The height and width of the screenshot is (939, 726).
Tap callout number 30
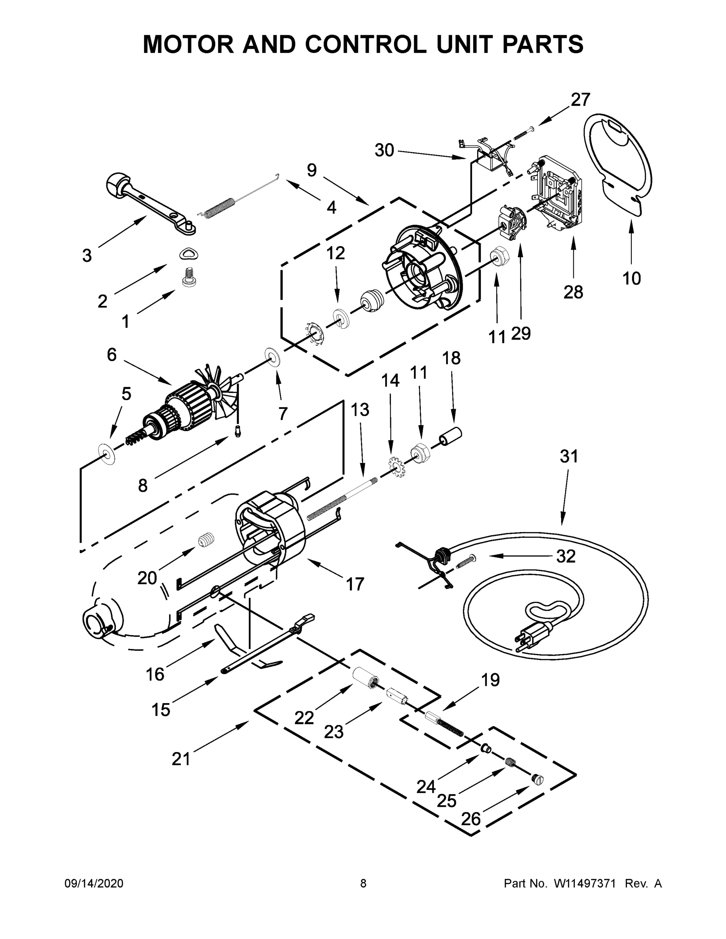[384, 151]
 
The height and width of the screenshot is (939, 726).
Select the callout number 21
[181, 759]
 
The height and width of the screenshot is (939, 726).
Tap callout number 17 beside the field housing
[355, 584]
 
